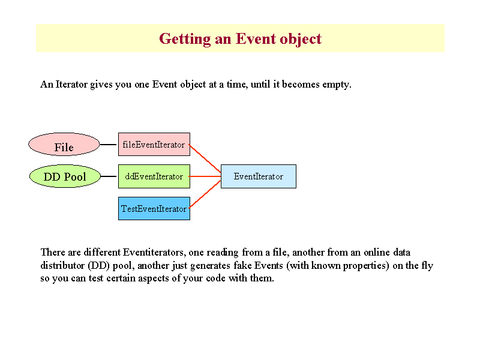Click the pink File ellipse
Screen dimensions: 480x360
tap(64, 144)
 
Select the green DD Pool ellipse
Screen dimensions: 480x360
tap(65, 176)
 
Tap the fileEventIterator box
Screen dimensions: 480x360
tap(154, 144)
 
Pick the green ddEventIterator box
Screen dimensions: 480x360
tap(154, 176)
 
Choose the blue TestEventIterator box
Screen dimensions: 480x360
tap(154, 208)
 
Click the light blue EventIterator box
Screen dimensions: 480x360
tap(259, 176)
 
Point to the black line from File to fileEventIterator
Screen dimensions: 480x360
tap(108, 145)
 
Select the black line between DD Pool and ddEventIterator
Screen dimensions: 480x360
tap(109, 176)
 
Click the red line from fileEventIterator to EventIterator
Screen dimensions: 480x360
tap(205, 158)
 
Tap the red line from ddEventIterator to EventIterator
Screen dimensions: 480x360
tap(205, 176)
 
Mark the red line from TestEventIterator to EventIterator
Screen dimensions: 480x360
tap(205, 194)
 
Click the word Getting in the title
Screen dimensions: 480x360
tap(185, 39)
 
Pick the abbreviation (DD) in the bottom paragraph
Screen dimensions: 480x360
tap(98, 265)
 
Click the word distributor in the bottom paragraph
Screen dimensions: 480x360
tap(62, 265)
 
